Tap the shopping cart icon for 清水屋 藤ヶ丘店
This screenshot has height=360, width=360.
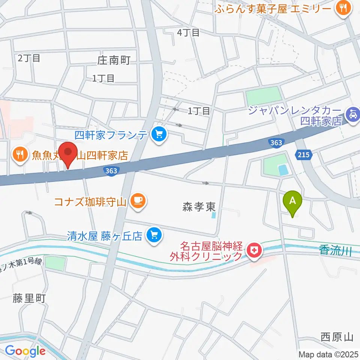pos(154,235)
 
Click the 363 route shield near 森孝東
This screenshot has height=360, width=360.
pos(111,171)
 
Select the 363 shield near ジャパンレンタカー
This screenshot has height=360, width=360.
pos(276,142)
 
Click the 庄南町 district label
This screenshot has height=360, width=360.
pos(114,60)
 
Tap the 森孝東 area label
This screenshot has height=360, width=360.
pos(198,207)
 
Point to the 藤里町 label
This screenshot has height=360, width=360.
pos(29,298)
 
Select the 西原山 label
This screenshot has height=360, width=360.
pos(337,337)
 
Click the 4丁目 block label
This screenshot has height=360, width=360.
pos(188,33)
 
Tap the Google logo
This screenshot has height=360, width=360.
pos(25,351)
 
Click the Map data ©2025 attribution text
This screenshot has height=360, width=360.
pos(328,354)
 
